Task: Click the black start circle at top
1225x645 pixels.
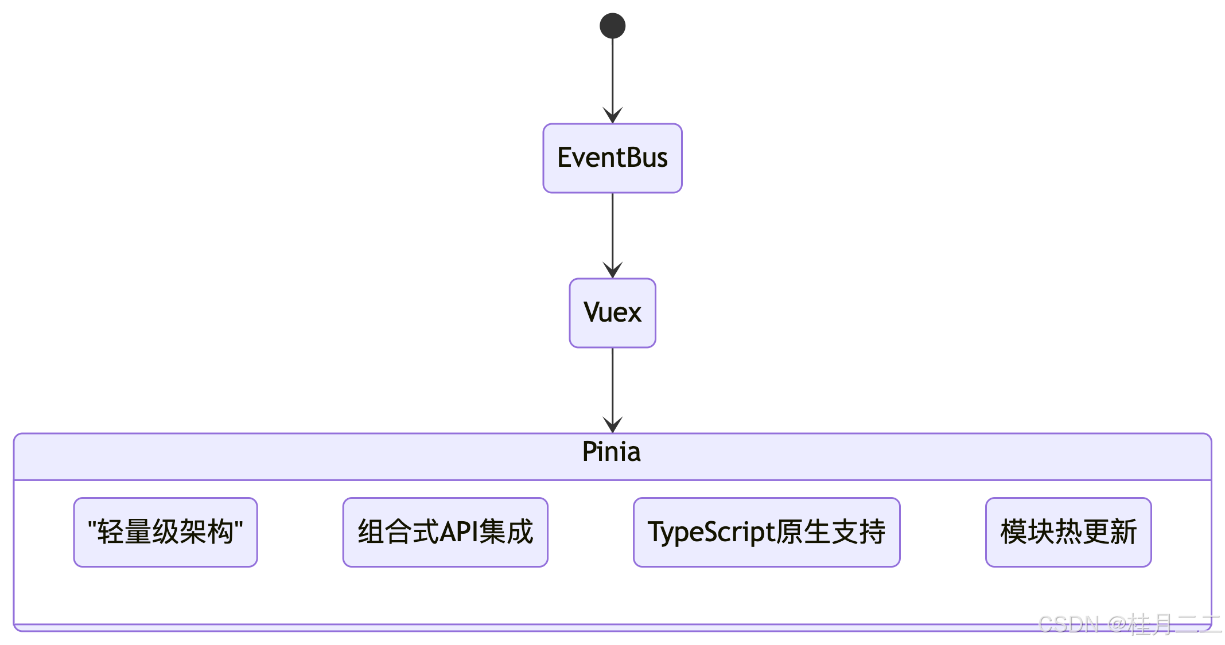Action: (x=612, y=26)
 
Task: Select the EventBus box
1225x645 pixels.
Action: (x=612, y=158)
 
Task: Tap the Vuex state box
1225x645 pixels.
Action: (x=612, y=313)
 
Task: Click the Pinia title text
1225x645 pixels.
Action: (x=611, y=452)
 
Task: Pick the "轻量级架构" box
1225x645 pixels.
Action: (x=165, y=532)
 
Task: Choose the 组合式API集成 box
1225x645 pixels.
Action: (x=445, y=532)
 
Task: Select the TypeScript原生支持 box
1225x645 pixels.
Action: (x=767, y=532)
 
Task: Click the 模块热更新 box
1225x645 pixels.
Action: (x=1068, y=532)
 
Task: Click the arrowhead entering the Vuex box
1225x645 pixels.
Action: (x=612, y=270)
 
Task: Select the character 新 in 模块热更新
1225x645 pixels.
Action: (x=1123, y=532)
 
